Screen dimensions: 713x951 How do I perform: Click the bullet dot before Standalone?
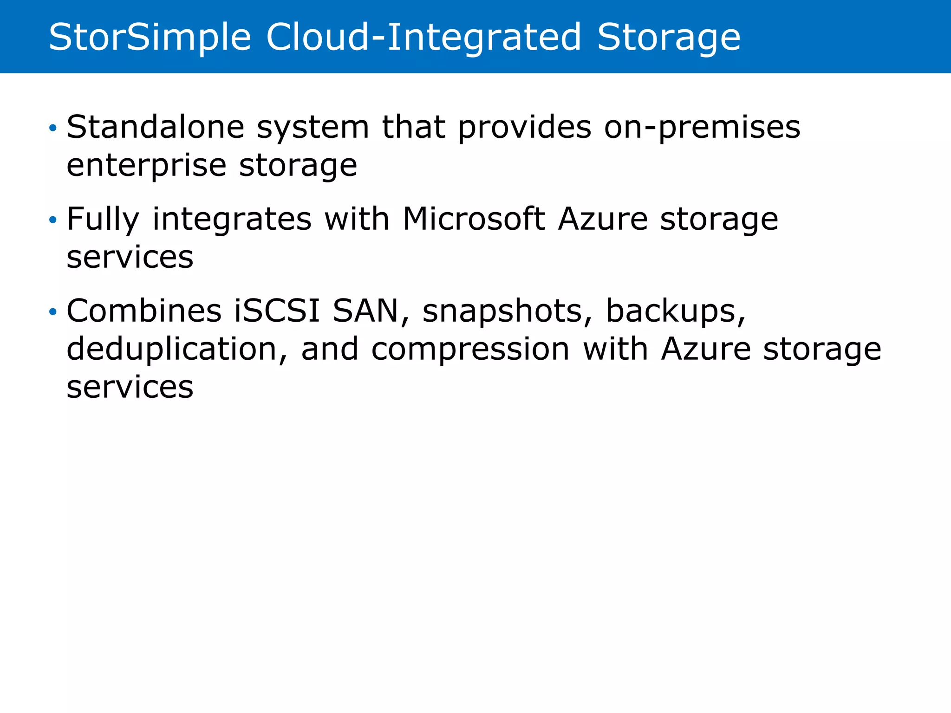[x=53, y=128]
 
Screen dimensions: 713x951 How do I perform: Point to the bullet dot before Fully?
[x=53, y=219]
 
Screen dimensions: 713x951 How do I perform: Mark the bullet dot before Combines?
[x=53, y=311]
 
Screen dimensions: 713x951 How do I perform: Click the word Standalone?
[x=156, y=127]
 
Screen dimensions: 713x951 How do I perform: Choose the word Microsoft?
[x=474, y=219]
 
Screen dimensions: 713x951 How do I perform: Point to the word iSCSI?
[x=277, y=311]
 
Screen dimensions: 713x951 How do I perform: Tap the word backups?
[x=676, y=311]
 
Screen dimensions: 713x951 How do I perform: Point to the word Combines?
[x=144, y=311]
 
